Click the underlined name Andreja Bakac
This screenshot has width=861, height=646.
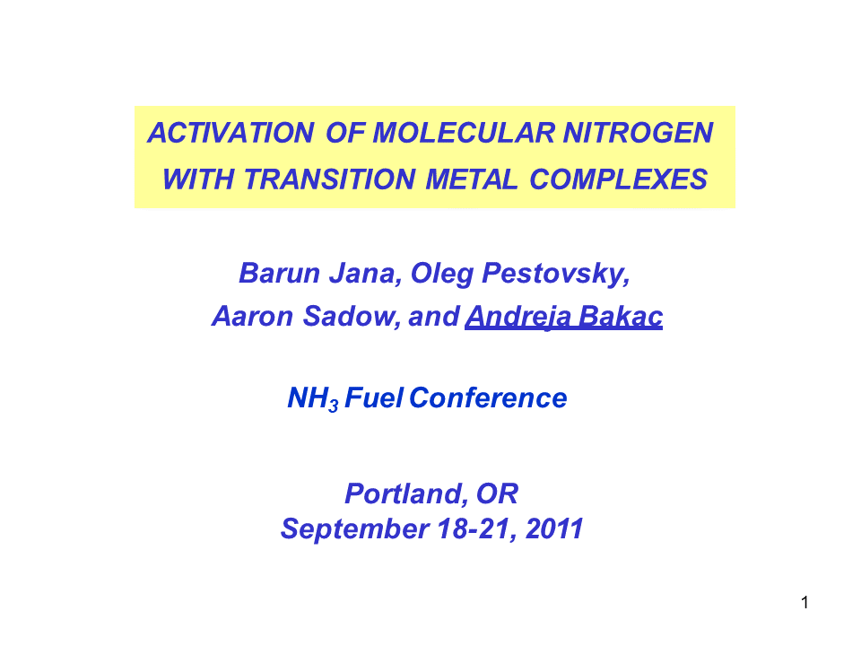pos(563,318)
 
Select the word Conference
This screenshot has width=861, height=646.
pos(489,398)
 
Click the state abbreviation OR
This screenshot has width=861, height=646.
pos(498,493)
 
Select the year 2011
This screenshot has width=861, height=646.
pos(554,529)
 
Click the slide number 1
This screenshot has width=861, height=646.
pos(805,602)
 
